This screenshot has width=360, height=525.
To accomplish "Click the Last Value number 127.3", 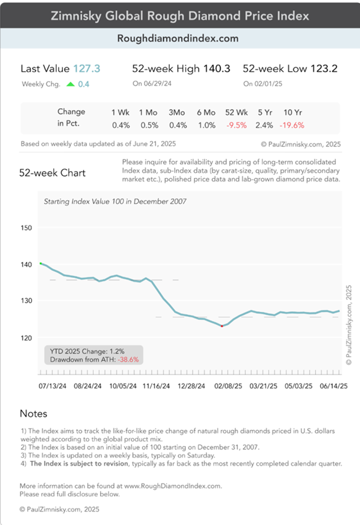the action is pos(86,69).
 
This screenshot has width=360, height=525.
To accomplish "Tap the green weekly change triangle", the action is pos(70,84).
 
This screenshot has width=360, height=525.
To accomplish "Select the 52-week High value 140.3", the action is pos(217,69).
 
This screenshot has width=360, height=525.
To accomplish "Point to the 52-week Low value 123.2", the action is pos(324,69).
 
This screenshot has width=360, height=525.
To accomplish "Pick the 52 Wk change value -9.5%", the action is pos(237,125).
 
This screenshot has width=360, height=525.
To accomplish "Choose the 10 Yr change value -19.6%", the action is pos(292,125).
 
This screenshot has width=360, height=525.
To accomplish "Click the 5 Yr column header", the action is pos(266,112).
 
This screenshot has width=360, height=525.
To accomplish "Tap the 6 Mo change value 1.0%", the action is pos(207,125).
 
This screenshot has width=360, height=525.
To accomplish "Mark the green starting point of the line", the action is pos(41,264).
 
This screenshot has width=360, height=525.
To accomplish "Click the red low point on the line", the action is pos(222,326).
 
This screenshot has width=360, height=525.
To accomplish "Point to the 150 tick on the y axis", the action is pos(26,228).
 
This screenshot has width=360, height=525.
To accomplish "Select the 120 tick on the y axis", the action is pos(26,338).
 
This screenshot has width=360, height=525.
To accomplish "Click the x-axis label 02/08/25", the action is pos(228,386).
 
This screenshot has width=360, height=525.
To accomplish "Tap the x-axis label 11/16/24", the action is pos(156,386).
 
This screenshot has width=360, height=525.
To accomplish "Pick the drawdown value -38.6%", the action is pos(128,359).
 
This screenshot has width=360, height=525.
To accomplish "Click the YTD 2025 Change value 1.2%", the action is pos(117,351).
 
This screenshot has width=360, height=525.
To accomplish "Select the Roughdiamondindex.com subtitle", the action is pos(178,38).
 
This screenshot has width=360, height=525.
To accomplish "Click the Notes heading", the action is pos(33,413).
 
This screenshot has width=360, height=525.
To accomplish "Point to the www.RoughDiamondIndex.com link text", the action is pos(173,486).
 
